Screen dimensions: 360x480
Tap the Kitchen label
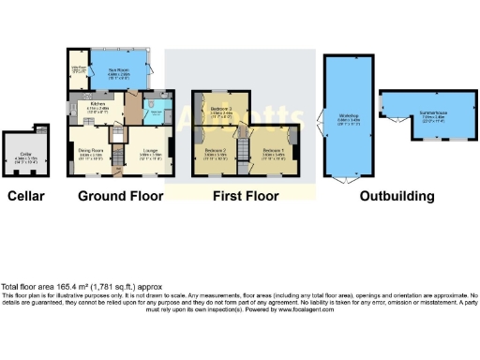point(98,107)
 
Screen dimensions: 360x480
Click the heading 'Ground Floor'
point(120,197)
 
